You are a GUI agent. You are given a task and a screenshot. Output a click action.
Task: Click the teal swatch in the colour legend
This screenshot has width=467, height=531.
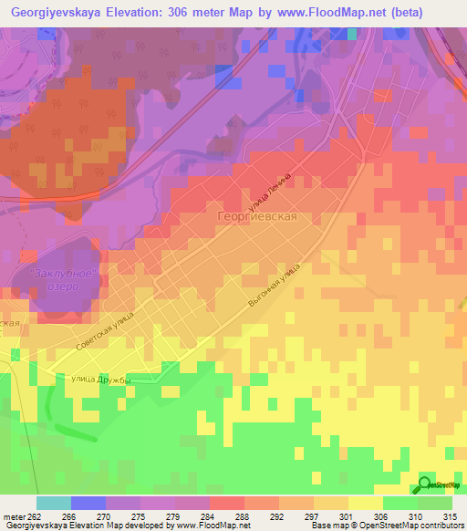pos(54,503)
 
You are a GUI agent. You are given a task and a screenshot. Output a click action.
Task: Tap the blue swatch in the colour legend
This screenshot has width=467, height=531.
pos(88,503)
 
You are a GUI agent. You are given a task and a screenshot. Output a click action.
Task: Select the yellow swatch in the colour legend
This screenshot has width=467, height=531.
pos(365,503)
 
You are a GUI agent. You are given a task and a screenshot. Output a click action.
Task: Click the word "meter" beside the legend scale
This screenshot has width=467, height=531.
pos(14,515)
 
